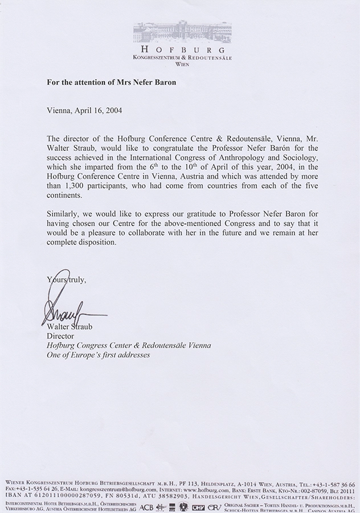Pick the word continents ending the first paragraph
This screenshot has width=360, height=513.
pyautogui.click(x=67, y=196)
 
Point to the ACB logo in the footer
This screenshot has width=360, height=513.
pyautogui.click(x=146, y=506)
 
